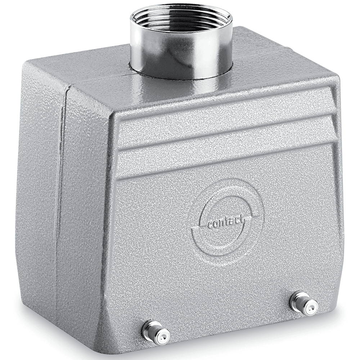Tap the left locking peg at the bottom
[156, 331]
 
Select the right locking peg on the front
[304, 303]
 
